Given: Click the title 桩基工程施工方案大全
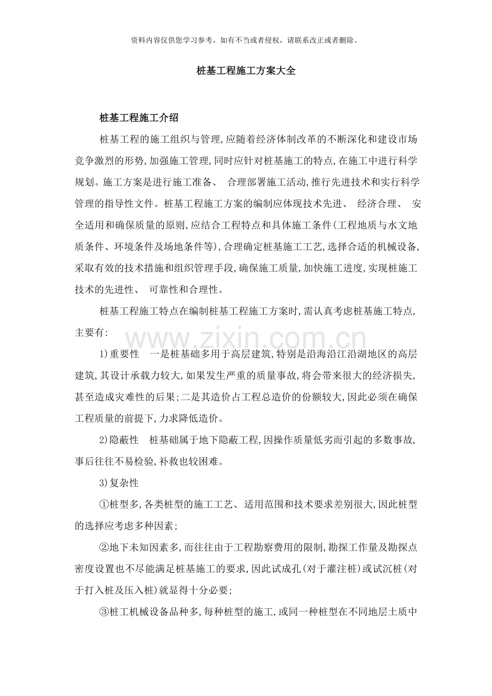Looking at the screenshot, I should (x=246, y=71).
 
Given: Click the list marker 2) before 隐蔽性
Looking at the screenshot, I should (x=104, y=440).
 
